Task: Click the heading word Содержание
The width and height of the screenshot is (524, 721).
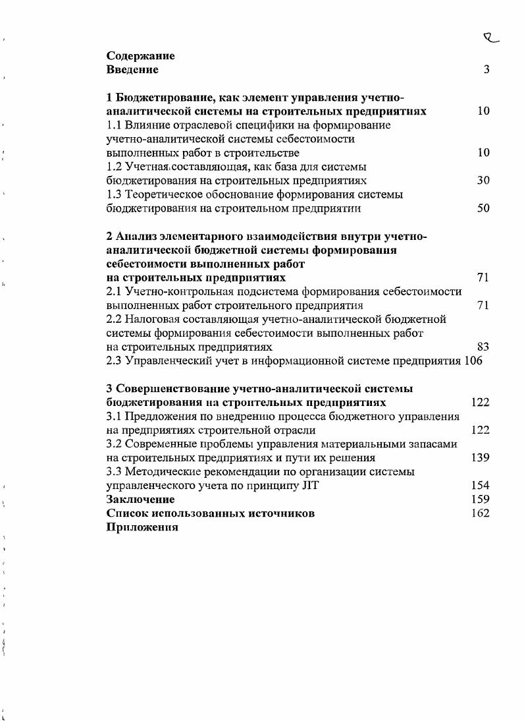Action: (x=140, y=56)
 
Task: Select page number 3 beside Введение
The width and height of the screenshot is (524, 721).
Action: (x=486, y=69)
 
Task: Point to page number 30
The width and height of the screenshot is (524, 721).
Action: (x=483, y=181)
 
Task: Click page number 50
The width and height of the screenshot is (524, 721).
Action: (x=483, y=209)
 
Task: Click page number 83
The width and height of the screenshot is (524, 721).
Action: (x=483, y=347)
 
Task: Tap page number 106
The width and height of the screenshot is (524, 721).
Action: (x=473, y=360)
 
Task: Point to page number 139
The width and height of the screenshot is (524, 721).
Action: (x=480, y=458)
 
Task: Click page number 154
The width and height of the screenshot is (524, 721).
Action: (x=480, y=486)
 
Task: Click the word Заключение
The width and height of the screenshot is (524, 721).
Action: (x=140, y=500)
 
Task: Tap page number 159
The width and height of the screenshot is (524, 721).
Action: (x=480, y=500)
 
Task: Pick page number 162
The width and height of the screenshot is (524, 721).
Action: (x=480, y=513)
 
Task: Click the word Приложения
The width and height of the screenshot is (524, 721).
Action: (x=142, y=528)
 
